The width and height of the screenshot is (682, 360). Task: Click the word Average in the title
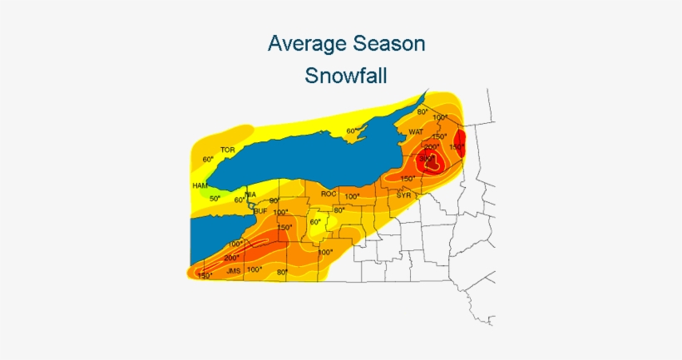(x=304, y=43)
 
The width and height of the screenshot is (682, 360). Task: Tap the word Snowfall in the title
(x=346, y=76)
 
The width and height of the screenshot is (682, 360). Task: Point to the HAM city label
(x=200, y=185)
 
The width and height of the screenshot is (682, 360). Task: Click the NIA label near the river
(x=250, y=195)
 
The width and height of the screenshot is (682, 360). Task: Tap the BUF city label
(x=260, y=211)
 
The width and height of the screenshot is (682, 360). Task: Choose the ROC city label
(x=328, y=195)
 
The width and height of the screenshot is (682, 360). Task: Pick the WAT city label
(x=416, y=131)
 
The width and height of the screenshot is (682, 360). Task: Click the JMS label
(x=210, y=270)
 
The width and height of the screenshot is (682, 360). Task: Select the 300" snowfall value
(x=426, y=158)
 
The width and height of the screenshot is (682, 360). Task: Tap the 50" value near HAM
(x=215, y=199)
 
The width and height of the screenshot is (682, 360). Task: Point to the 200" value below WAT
(x=432, y=146)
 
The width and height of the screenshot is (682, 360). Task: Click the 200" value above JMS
(x=231, y=258)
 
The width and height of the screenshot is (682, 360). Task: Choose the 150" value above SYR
(x=408, y=179)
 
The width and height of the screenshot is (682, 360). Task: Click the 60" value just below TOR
(x=208, y=159)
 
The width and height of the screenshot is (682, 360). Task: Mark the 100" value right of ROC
(x=352, y=197)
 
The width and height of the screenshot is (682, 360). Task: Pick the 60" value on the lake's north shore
(x=353, y=131)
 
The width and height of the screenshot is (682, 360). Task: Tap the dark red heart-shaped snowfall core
(x=432, y=164)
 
